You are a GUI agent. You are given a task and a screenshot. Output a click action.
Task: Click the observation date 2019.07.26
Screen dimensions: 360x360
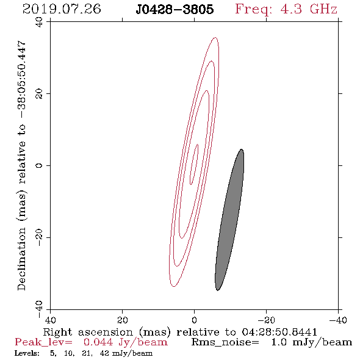coord(62,9)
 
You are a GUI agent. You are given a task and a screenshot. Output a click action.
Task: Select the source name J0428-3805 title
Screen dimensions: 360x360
coord(175,9)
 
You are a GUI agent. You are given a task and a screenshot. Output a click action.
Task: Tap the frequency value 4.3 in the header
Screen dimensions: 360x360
coord(291,9)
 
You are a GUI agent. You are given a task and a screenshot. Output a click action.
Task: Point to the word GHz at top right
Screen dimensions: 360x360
coord(323,9)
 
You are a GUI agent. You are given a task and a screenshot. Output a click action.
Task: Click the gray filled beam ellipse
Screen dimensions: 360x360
coord(229,220)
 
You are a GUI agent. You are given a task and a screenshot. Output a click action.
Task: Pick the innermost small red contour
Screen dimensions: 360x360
coord(194,164)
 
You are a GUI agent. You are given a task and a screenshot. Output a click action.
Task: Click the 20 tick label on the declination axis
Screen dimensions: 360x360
coord(39,94)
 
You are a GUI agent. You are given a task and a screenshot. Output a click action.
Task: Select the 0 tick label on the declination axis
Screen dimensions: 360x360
coord(39,165)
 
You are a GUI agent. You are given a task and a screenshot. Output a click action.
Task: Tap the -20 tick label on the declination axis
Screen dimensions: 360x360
coord(39,237)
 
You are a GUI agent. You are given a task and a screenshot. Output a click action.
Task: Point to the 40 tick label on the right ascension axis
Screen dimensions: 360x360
coord(50,320)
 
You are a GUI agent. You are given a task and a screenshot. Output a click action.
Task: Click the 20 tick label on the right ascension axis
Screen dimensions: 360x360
coord(122,320)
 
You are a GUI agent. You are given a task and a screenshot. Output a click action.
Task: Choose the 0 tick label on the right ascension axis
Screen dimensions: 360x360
coord(194,320)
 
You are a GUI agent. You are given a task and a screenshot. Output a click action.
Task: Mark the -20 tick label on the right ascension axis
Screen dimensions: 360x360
coord(266,320)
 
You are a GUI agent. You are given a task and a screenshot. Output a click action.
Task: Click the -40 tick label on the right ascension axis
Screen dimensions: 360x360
coord(338,320)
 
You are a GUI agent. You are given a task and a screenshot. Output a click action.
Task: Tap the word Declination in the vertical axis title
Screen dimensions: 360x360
coord(21,259)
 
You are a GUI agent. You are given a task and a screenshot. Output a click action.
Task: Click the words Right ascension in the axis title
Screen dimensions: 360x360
coord(88,332)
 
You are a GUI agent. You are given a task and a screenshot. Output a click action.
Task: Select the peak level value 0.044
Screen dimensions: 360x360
coord(98,342)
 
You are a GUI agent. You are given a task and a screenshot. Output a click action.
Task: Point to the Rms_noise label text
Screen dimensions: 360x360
coord(225,342)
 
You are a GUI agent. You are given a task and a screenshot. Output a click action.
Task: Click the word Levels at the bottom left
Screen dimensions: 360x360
coord(27,353)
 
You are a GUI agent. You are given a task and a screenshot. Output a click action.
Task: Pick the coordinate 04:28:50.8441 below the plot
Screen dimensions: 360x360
coord(279,332)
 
